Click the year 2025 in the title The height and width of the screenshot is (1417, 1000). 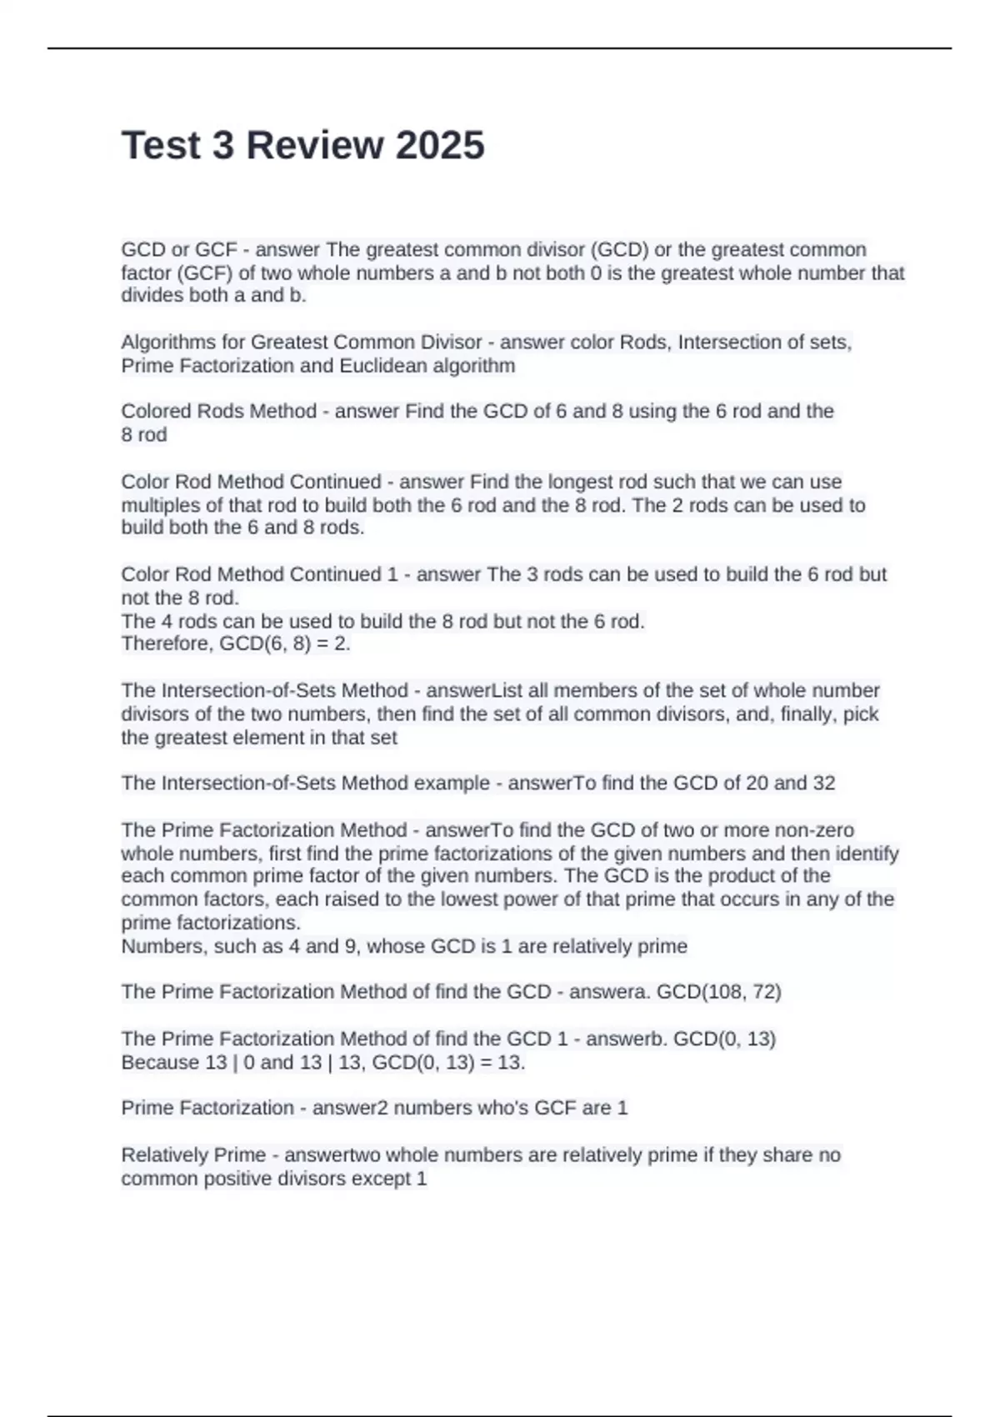(x=439, y=145)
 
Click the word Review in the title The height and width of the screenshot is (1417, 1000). (x=314, y=145)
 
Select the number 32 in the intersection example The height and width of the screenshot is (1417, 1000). (x=823, y=784)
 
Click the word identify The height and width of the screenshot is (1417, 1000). (x=867, y=854)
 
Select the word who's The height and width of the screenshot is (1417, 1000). (x=502, y=1109)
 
